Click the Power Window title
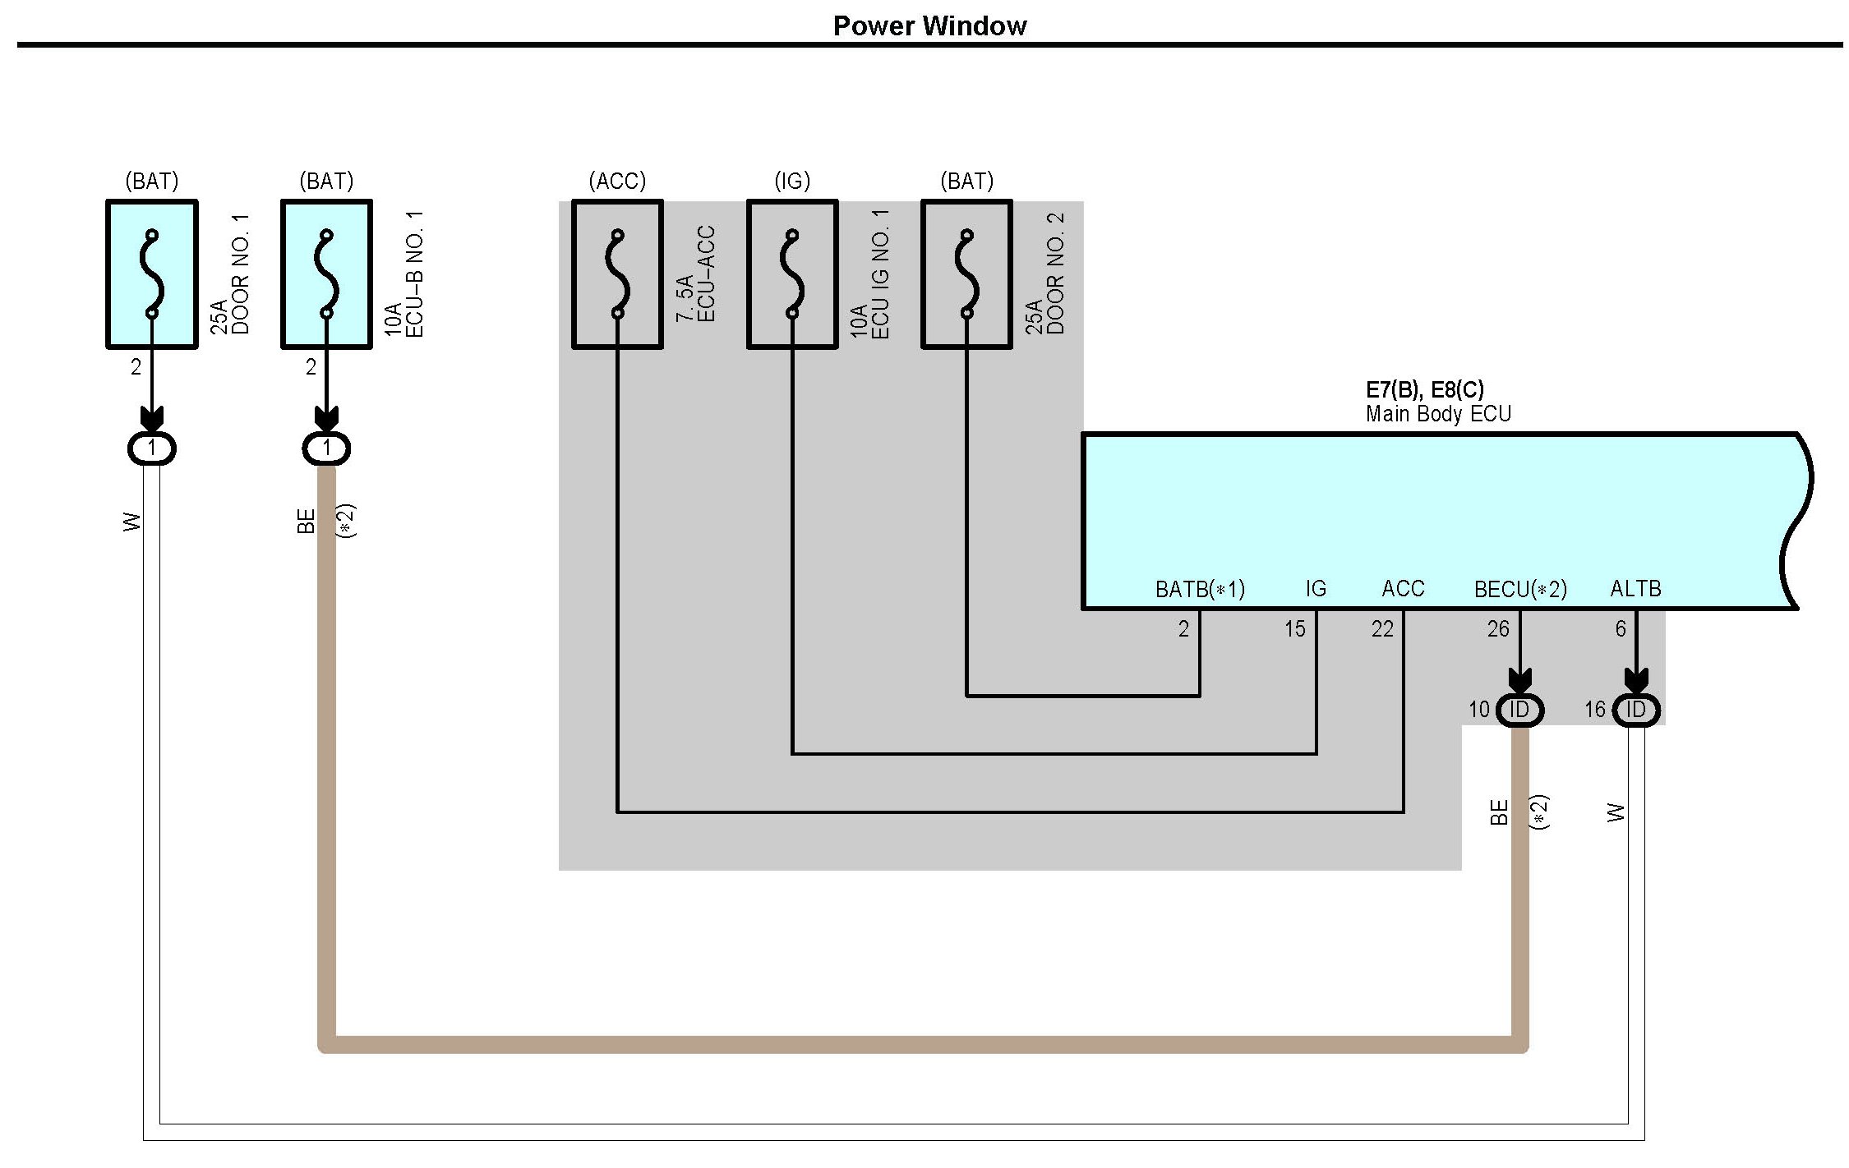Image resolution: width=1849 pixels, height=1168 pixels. click(x=929, y=25)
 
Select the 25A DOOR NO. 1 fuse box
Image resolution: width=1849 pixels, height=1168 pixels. click(x=152, y=274)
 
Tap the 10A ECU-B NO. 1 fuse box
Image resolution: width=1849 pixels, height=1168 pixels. click(x=326, y=274)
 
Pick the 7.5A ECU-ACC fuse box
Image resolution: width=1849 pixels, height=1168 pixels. click(x=617, y=274)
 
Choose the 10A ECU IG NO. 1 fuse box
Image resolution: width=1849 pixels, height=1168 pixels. click(x=792, y=274)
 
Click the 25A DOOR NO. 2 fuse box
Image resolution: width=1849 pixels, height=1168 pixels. click(x=966, y=274)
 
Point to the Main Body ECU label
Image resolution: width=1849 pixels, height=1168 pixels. click(x=1437, y=414)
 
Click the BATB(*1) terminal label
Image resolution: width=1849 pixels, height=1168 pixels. click(x=1200, y=589)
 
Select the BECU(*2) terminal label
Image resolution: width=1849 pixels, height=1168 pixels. click(x=1520, y=589)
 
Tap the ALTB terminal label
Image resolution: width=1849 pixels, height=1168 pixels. click(x=1635, y=588)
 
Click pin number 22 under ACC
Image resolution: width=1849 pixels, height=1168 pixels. click(x=1382, y=629)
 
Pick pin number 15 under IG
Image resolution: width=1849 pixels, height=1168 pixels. click(x=1294, y=629)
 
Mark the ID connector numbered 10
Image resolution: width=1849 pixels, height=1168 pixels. click(x=1519, y=710)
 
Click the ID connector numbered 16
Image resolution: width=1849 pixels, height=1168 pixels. click(x=1635, y=710)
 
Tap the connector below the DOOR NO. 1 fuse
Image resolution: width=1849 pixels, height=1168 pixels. click(x=152, y=448)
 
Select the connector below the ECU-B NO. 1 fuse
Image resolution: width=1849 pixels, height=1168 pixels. click(x=326, y=448)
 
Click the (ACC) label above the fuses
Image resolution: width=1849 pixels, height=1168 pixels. click(x=617, y=181)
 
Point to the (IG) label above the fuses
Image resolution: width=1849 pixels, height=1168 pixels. click(x=792, y=181)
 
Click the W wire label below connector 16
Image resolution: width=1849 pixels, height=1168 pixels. click(x=1616, y=812)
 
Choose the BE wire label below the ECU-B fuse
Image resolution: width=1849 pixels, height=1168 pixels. click(x=306, y=521)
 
